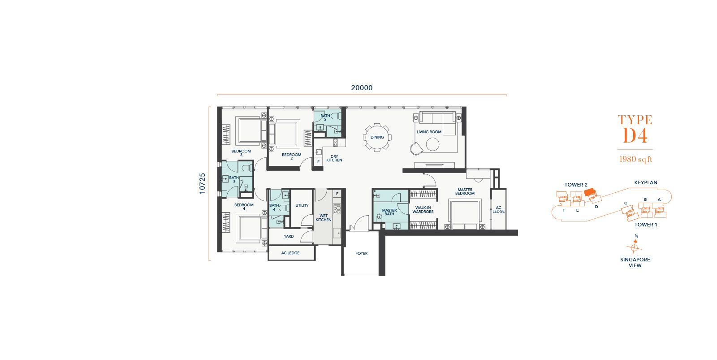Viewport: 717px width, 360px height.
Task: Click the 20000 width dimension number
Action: point(362,88)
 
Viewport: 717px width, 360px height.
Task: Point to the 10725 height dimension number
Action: point(202,183)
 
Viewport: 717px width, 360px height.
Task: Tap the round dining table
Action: point(377,137)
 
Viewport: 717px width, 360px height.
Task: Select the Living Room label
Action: point(429,132)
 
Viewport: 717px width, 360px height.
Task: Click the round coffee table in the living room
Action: point(432,144)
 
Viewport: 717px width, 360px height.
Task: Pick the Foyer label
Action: point(361,253)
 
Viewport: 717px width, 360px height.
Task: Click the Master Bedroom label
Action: point(465,191)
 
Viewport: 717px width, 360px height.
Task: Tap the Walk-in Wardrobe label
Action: point(423,210)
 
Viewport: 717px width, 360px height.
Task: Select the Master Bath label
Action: point(389,212)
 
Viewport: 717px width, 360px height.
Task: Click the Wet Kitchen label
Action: point(323,218)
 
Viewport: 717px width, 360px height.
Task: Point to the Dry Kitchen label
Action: point(334,159)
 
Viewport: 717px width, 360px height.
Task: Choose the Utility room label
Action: point(302,206)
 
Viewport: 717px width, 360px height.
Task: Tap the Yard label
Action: point(289,236)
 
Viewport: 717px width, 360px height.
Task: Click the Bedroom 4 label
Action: point(244,207)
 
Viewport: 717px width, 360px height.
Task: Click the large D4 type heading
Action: point(635,135)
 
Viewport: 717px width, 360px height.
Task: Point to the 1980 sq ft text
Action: point(635,159)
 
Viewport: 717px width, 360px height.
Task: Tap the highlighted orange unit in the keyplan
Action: point(590,192)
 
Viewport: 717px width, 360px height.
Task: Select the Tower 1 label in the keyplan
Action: point(646,225)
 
